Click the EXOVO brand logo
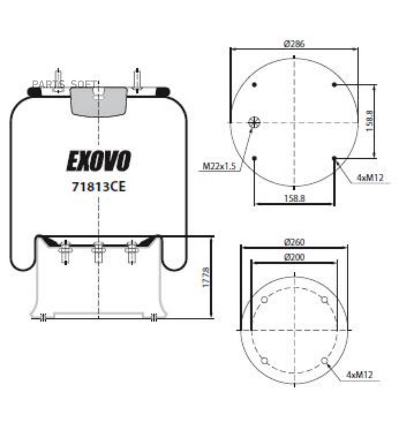coord(98,161)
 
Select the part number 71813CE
coord(98,187)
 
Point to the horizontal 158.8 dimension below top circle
coord(294,199)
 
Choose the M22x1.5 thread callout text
coord(219,167)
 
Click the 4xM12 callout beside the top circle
coord(370,178)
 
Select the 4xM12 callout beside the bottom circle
coord(359,375)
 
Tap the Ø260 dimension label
coord(294,242)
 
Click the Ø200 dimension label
coord(294,257)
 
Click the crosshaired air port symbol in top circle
coord(254,122)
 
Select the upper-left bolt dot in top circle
coord(254,85)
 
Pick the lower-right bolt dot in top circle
coord(334,158)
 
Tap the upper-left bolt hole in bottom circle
coord(264,300)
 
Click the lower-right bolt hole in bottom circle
coord(325,361)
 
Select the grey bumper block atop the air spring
coord(99,101)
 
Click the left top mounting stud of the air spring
coord(58,80)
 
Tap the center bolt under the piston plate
coord(98,252)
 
